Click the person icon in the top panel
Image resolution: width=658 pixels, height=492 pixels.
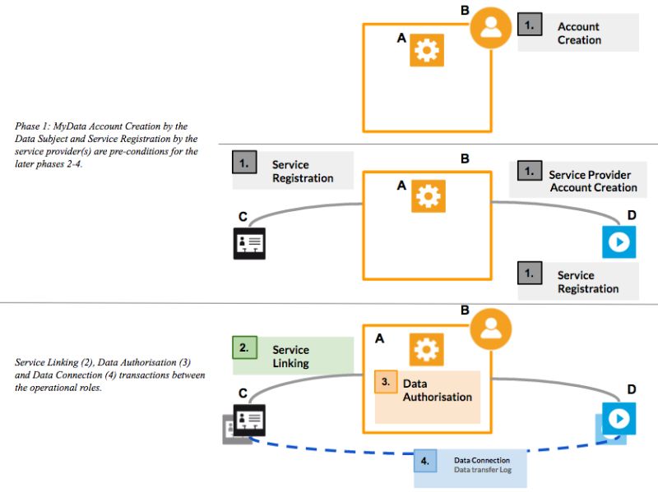tap(490, 28)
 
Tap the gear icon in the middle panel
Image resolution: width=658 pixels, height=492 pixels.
tap(428, 196)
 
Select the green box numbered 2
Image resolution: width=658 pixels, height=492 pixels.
tap(244, 347)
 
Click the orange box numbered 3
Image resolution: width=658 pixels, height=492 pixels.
tap(386, 382)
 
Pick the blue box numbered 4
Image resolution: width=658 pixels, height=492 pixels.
tap(424, 461)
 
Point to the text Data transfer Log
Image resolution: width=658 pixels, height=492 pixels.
tap(483, 470)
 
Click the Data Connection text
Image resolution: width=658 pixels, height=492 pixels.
tap(482, 460)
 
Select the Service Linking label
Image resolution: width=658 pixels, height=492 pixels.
tap(291, 356)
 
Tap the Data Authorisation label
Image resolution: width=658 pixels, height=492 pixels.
tap(438, 390)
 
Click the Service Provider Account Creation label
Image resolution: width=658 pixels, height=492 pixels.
tap(592, 181)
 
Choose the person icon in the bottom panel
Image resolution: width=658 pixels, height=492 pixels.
tap(490, 329)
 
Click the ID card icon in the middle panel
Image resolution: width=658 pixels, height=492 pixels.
tap(249, 243)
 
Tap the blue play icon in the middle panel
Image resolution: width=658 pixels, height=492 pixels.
tap(619, 241)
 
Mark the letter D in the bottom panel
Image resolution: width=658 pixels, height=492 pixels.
tap(632, 389)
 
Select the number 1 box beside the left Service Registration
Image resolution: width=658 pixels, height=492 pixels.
tap(244, 162)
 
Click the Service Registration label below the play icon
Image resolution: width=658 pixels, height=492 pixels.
tap(588, 282)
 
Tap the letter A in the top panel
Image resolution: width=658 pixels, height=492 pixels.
tap(401, 38)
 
